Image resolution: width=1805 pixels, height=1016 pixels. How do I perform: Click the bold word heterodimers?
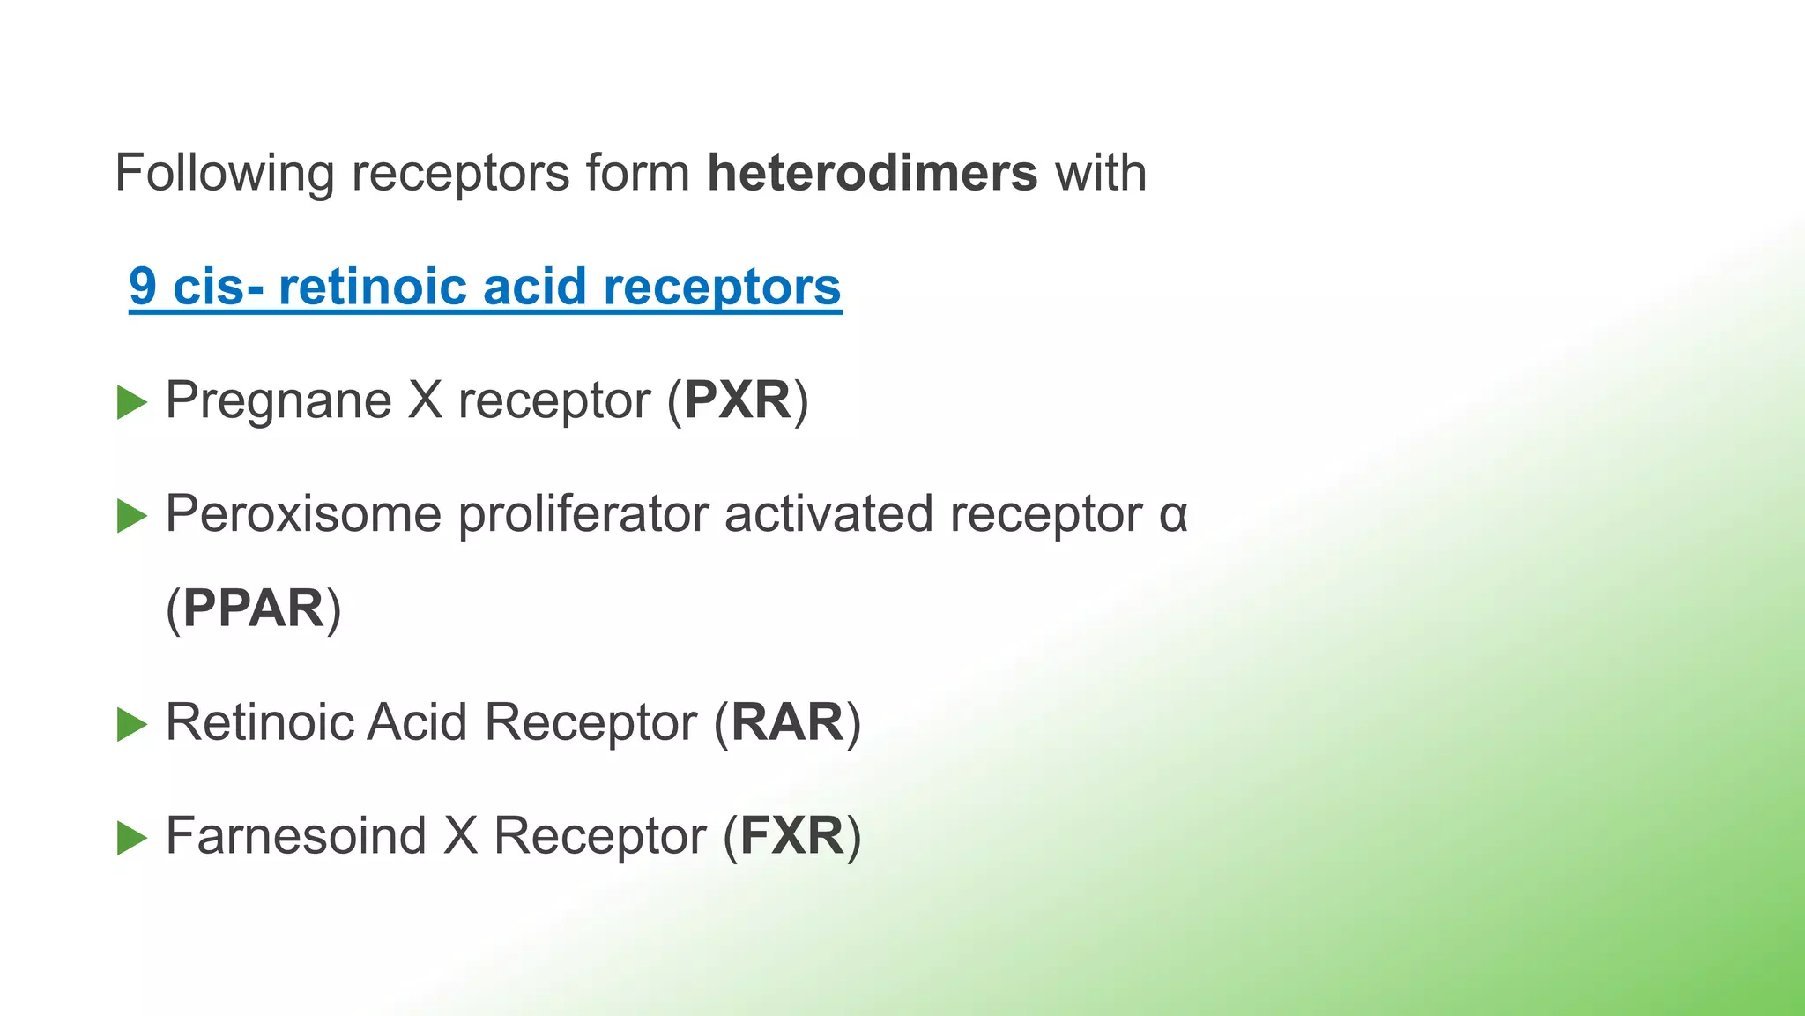click(872, 173)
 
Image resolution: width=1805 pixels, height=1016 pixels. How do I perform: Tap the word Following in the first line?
click(224, 175)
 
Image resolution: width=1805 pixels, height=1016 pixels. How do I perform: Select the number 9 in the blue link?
click(143, 287)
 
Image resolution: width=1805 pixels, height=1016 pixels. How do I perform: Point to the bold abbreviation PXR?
click(738, 400)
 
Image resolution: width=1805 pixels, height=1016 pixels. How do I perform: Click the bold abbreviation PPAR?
click(254, 609)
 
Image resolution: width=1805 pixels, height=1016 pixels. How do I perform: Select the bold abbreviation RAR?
click(787, 722)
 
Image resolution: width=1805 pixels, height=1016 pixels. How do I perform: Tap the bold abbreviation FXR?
click(791, 836)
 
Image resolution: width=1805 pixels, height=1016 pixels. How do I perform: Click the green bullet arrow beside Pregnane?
click(131, 402)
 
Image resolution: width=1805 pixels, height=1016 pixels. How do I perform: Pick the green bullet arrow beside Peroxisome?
click(131, 516)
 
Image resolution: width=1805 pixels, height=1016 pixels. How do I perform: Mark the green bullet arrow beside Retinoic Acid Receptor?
click(131, 724)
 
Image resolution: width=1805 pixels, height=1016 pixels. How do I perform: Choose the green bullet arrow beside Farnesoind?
click(131, 838)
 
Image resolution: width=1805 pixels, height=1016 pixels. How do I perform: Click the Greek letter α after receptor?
click(1173, 515)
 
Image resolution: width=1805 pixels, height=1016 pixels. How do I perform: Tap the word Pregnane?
click(279, 402)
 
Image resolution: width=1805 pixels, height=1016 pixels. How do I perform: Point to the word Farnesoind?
click(296, 836)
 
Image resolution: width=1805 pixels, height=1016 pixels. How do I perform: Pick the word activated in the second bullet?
click(828, 514)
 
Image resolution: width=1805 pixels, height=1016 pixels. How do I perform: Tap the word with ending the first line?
click(1101, 173)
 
